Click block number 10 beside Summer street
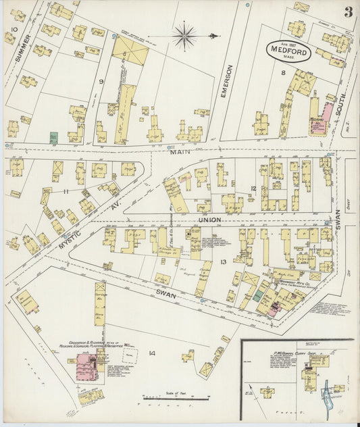point(14,30)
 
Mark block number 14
point(152,353)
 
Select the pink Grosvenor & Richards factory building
point(86,365)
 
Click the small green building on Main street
point(53,137)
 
